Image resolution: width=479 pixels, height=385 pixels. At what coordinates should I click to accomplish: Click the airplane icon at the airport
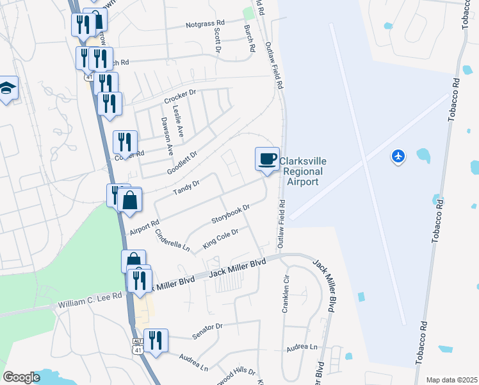[x=398, y=156]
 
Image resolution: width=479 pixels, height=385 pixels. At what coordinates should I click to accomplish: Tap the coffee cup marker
[x=267, y=158]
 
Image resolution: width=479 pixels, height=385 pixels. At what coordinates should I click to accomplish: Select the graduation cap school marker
[x=7, y=88]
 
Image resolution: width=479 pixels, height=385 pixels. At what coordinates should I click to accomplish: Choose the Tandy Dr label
[x=187, y=187]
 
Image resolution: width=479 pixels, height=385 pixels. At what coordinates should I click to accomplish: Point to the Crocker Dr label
[x=179, y=98]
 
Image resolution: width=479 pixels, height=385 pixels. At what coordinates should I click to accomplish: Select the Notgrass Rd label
[x=205, y=24]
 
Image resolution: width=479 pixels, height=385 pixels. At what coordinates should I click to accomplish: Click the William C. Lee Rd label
[x=90, y=299]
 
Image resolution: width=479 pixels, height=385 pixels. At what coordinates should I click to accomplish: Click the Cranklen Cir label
[x=286, y=295]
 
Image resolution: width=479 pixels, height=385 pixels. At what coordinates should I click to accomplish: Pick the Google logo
[x=21, y=377]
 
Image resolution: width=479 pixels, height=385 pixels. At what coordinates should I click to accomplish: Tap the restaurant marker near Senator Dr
[x=156, y=339]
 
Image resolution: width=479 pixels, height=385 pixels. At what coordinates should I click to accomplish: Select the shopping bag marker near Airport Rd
[x=130, y=200]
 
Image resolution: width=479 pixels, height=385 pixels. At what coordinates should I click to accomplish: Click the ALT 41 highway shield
[x=138, y=346]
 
